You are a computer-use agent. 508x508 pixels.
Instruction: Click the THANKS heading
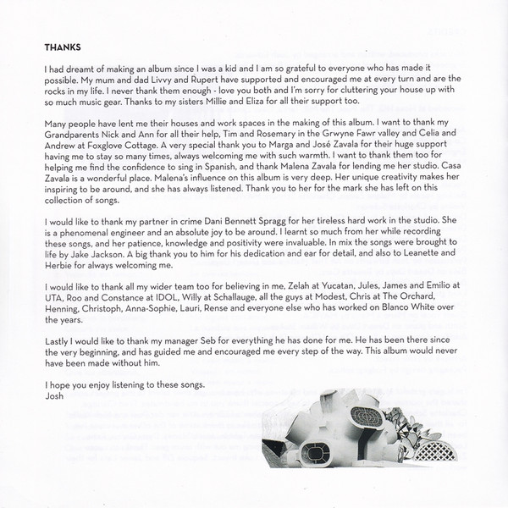(x=63, y=47)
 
